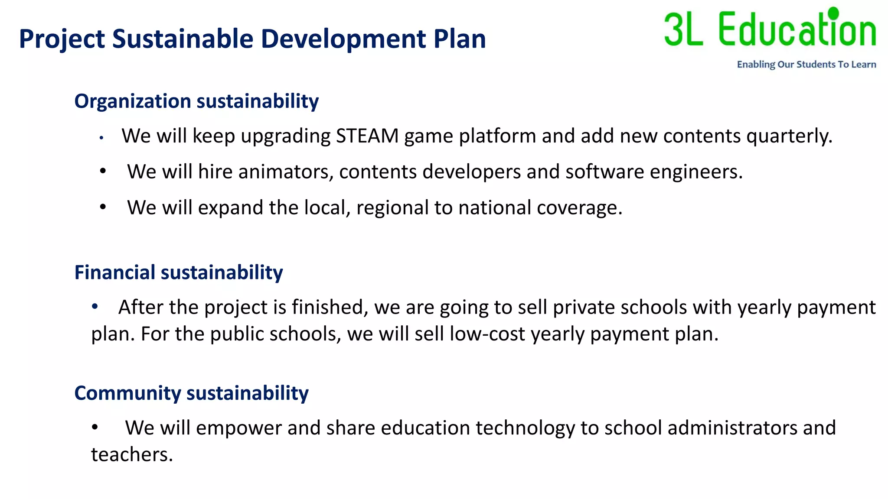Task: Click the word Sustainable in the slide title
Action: coord(183,39)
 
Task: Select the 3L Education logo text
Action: coord(770,29)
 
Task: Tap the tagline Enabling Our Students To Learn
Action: coord(806,65)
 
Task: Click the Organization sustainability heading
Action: coord(196,101)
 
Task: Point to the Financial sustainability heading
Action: coord(179,272)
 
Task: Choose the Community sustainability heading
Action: coord(191,393)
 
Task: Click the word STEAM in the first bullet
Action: coord(367,136)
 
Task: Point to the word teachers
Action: coord(132,455)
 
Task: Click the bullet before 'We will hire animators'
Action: coord(103,172)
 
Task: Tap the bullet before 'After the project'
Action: coord(95,307)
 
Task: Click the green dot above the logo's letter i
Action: coord(833,13)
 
